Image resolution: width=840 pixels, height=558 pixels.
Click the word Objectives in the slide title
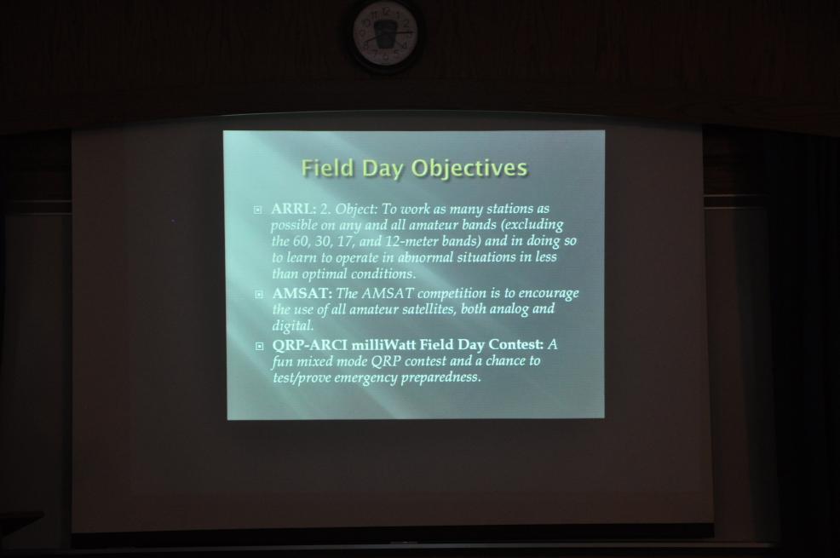469,169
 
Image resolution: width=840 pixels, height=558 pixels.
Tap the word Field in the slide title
328,168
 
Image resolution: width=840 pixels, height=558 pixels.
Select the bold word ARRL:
294,209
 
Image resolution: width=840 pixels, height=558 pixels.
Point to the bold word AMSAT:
302,293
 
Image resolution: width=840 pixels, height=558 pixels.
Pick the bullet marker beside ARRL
258,210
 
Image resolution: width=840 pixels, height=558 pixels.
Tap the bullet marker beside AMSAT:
259,294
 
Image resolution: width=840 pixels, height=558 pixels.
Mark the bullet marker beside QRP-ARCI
260,346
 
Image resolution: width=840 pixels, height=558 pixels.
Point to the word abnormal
425,257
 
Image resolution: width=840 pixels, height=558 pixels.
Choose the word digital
292,326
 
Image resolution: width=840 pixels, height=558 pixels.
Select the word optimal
324,274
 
